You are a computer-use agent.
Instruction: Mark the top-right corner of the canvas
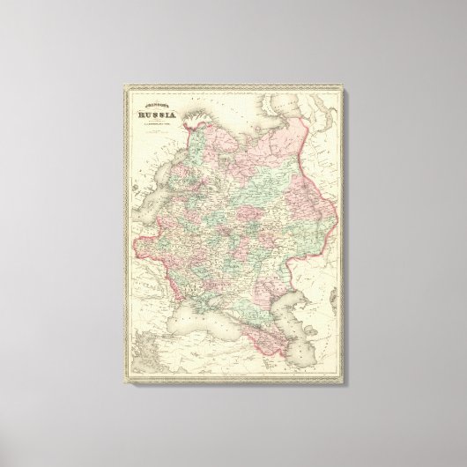pos(374,67)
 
